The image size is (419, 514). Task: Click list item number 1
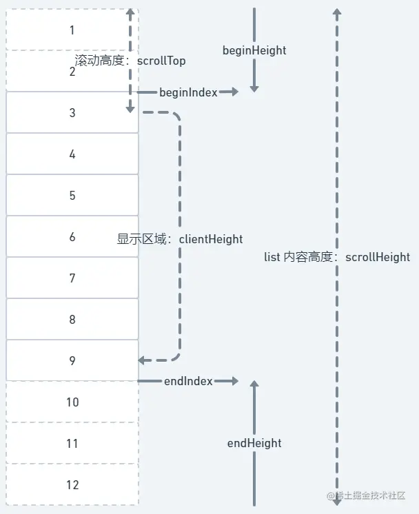[x=72, y=30]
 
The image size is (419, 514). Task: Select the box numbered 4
[x=72, y=154]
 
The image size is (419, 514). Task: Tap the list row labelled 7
[x=72, y=278]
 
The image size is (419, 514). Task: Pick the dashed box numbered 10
[x=72, y=402]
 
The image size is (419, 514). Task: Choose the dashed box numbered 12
[x=72, y=484]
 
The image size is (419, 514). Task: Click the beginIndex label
[x=188, y=92]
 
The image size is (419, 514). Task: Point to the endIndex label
[x=188, y=381]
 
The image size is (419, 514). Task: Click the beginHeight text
[x=254, y=50]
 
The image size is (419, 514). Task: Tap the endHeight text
[x=254, y=443]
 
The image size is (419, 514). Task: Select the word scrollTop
[x=161, y=61]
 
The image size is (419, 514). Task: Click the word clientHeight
[x=211, y=239]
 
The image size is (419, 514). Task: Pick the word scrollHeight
[x=377, y=257]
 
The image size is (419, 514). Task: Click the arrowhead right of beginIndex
[x=234, y=92]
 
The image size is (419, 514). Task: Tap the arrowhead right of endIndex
[x=234, y=381]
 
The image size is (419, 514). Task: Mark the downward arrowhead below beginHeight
[x=254, y=88]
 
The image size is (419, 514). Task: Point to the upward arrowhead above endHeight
[x=254, y=385]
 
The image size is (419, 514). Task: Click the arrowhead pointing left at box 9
[x=142, y=360]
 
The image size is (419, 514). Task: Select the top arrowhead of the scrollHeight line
[x=337, y=13]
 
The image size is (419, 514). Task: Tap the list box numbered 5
[x=72, y=195]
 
